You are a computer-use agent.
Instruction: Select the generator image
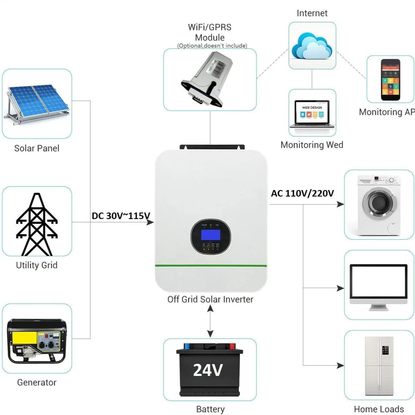click(37, 340)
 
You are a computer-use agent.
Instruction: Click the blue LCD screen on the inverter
click(210, 235)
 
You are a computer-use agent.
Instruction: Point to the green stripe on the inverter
click(211, 266)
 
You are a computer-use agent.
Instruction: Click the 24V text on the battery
click(208, 370)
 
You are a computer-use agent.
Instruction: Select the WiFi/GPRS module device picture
click(207, 78)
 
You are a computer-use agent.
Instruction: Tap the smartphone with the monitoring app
click(390, 80)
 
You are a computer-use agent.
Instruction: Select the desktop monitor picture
click(379, 286)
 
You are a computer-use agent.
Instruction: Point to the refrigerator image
click(379, 366)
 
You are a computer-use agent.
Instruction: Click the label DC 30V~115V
click(121, 216)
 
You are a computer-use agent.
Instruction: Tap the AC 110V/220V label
click(302, 193)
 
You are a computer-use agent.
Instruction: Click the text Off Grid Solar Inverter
click(210, 299)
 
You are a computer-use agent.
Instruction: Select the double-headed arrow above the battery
click(210, 321)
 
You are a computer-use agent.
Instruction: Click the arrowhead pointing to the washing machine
click(340, 204)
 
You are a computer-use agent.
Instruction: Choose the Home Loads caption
click(379, 409)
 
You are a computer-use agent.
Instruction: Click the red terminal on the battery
click(232, 346)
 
